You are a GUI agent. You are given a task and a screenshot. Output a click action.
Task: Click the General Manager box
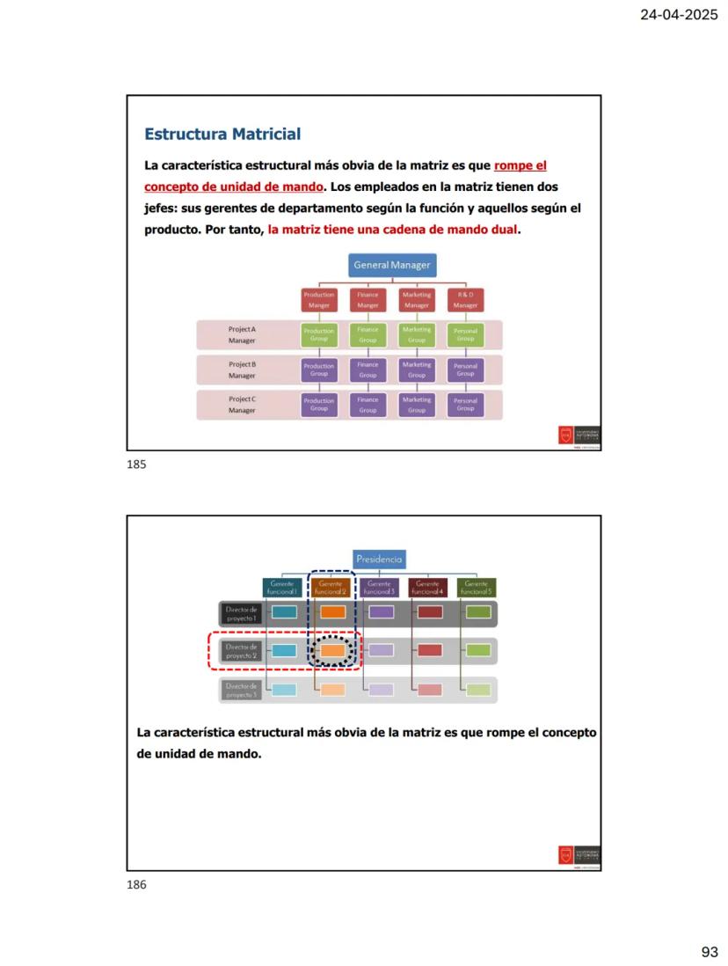pos(392,265)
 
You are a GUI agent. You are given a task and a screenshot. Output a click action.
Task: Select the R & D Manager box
pos(465,300)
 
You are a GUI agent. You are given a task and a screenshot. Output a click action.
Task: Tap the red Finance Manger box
pos(368,300)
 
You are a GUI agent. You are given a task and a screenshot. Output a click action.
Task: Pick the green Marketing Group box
pos(417,334)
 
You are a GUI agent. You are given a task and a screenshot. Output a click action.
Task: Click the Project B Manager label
pos(242,370)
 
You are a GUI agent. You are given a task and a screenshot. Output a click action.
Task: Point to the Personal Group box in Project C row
pos(465,405)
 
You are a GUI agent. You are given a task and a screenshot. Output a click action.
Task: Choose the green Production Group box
pos(319,335)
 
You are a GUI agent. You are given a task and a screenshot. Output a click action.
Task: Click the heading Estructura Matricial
pos(222,135)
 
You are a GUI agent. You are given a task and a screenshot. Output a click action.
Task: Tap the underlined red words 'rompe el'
pos(521,165)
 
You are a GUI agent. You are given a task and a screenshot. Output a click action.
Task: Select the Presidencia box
pos(380,560)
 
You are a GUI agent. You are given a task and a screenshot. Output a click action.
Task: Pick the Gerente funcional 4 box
pos(428,588)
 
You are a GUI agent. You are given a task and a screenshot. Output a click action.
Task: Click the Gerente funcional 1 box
pos(282,588)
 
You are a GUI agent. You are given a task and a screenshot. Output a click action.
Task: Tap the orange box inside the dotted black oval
pos(331,651)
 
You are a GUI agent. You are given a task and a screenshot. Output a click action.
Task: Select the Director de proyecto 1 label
pos(241,612)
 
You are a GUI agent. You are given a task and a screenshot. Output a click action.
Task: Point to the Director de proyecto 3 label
pos(241,690)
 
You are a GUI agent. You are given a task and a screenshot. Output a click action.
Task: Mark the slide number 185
pos(136,465)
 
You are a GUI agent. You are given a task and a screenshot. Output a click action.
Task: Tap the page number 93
pos(710,952)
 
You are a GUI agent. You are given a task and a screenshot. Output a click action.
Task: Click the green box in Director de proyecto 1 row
pos(477,612)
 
